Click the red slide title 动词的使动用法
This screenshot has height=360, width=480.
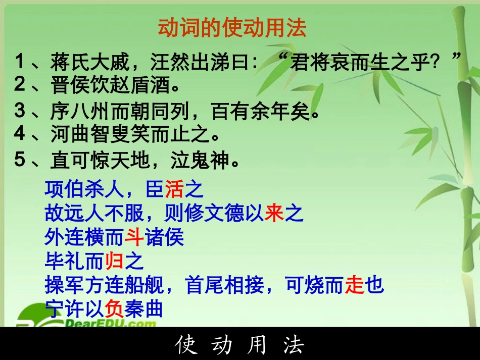pos(232,28)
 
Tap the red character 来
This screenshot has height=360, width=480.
pos(273,214)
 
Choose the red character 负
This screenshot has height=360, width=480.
pos(114,309)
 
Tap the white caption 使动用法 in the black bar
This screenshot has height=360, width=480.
pos(240,345)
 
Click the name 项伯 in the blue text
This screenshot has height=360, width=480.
pos(64,189)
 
